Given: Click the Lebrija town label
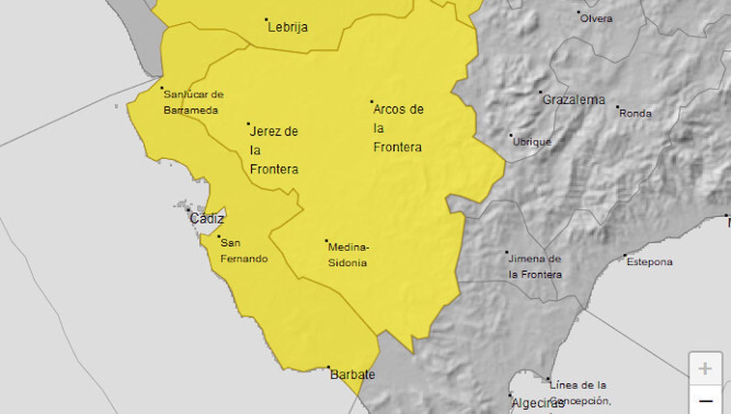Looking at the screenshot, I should pos(288,27).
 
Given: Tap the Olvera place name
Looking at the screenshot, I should pos(596,19).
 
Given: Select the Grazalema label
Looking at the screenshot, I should pos(573,100).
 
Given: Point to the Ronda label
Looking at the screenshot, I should pos(635,113).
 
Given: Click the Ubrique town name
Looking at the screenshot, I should pos(532,142).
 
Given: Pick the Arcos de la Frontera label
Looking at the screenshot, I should pos(398,128).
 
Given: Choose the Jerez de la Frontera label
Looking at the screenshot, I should pos(274,150).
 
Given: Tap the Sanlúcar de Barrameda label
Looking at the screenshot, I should pos(193,102).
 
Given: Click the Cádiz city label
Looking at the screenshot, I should pos(207,219).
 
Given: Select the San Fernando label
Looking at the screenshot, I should pos(244,251).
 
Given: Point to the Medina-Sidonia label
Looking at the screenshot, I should pos(348,255).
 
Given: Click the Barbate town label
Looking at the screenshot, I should pos(352,375).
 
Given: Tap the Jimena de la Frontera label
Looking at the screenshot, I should pos(535,267).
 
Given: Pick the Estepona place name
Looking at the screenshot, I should pos(649,262).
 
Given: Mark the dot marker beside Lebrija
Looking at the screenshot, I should pos(266,20).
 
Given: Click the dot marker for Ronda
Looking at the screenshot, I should pos(617,107).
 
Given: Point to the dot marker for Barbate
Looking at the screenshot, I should pos(328,367).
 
